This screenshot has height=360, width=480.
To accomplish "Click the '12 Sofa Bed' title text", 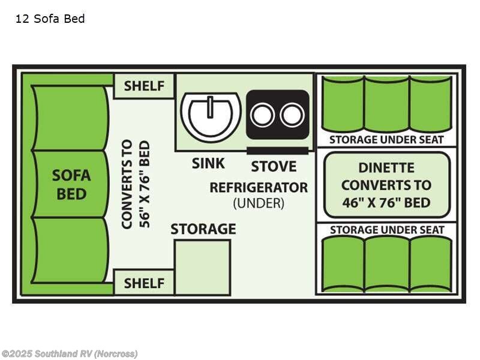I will click(50, 19).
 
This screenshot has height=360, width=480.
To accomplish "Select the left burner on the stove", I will click(262, 115).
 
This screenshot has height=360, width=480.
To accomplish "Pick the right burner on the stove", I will click(292, 115).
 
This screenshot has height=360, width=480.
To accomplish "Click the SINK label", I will click(208, 163).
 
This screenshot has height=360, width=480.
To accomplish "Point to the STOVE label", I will click(274, 166).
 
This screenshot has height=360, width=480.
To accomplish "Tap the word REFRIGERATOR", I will click(258, 187).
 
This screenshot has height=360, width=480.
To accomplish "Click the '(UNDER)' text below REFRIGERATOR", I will click(258, 203).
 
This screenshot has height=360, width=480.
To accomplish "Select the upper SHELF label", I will click(144, 86).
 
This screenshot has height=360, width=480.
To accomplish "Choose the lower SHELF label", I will click(144, 283).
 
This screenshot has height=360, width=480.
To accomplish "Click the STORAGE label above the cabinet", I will click(203, 229).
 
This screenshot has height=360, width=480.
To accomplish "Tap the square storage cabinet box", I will click(202, 267).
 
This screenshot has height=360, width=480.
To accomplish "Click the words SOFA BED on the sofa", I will click(71, 185).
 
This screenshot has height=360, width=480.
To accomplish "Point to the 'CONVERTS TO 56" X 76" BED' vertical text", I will click(135, 184).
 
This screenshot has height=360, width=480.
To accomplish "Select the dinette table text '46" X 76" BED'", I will click(386, 202).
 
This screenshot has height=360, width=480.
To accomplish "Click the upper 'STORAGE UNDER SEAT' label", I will click(386, 140).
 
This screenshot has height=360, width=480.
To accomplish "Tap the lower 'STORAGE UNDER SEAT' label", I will click(386, 230).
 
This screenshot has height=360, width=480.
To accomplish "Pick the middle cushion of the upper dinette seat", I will click(386, 104).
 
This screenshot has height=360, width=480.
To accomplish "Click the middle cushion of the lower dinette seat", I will click(386, 264).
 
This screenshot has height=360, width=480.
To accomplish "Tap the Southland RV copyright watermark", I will click(69, 353).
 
